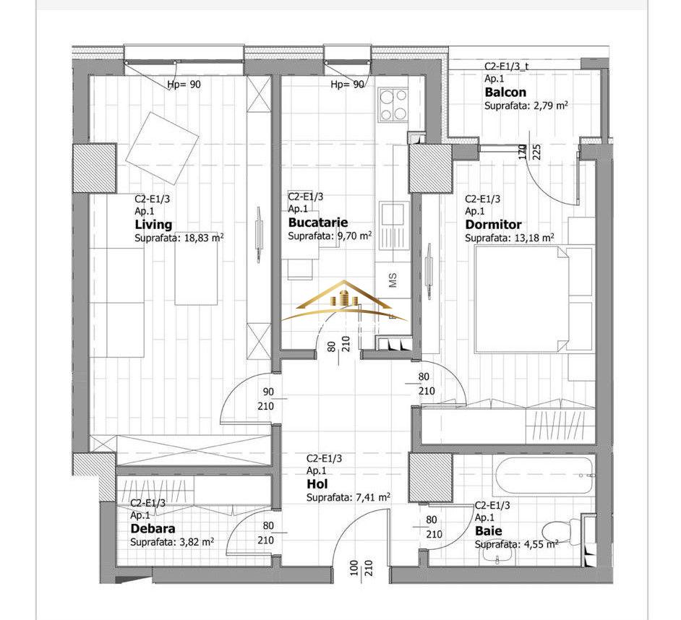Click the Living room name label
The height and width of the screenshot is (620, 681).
(x=153, y=225)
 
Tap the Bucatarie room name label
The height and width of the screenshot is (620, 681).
(x=318, y=223)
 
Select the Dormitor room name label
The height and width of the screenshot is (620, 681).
(x=493, y=225)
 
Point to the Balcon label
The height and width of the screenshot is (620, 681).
(x=505, y=92)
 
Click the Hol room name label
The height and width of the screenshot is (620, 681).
(x=317, y=484)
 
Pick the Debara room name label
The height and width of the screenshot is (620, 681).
(x=153, y=528)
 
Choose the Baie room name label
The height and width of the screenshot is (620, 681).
(x=488, y=530)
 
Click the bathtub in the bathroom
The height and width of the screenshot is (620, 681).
(x=542, y=475)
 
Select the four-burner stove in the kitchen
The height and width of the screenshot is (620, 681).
(x=393, y=105)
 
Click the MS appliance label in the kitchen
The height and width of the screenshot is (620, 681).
(x=393, y=280)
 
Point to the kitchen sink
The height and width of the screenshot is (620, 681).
(x=393, y=225)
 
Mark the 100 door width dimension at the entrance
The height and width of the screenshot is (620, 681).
(x=354, y=568)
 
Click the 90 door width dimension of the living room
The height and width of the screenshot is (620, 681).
(x=268, y=392)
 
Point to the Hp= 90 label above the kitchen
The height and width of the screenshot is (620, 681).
(x=347, y=85)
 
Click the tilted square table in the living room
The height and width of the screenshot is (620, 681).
(x=162, y=148)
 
